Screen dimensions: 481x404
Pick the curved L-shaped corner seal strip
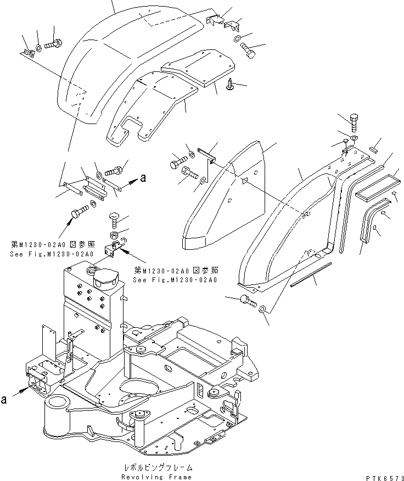[x=368, y=220]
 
